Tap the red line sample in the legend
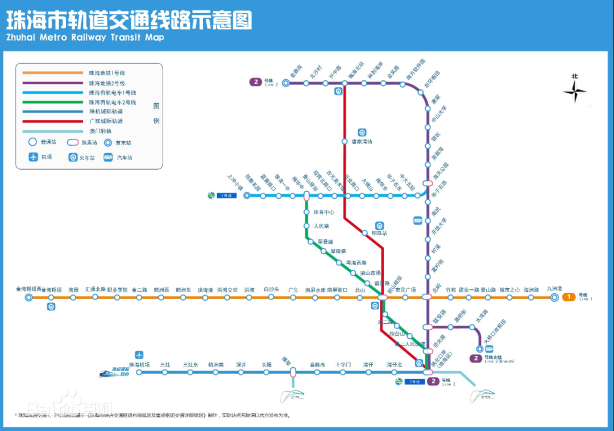53,121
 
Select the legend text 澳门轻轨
100,130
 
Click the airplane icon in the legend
34,157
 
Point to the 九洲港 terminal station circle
555,297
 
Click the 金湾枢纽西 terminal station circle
29,297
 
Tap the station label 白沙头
272,290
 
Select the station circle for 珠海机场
139,372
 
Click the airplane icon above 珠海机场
139,355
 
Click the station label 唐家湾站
362,142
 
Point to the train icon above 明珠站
379,225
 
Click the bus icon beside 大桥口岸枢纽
489,348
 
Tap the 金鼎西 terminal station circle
286,83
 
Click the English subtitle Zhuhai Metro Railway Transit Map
85,38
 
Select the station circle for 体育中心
307,212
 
